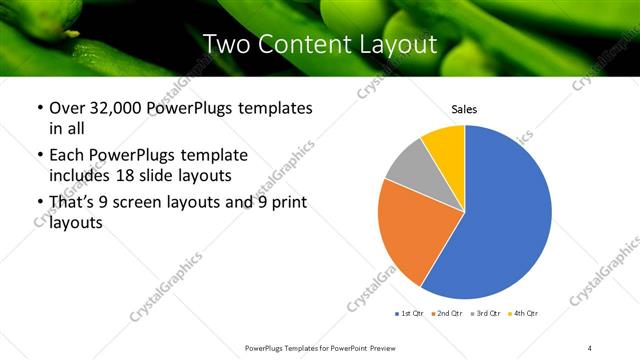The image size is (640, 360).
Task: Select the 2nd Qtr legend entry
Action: pos(447,314)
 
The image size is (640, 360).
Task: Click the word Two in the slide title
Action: pos(224,44)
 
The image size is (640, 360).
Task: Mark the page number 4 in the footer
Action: pos(590,347)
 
